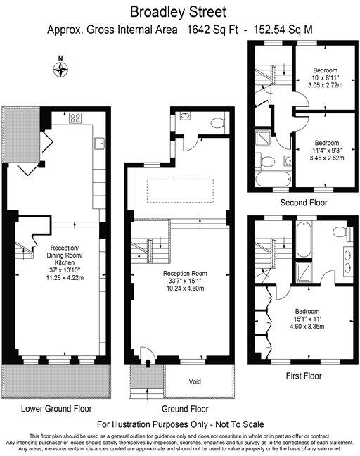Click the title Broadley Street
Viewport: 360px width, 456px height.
[179, 12]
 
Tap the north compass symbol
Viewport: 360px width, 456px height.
[63, 68]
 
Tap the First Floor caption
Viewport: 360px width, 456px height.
[304, 376]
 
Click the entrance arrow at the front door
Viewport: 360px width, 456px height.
[148, 363]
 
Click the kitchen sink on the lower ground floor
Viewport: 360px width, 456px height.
[100, 145]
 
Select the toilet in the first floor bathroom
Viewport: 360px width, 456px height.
[338, 232]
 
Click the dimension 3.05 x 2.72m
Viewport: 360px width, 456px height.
[326, 84]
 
